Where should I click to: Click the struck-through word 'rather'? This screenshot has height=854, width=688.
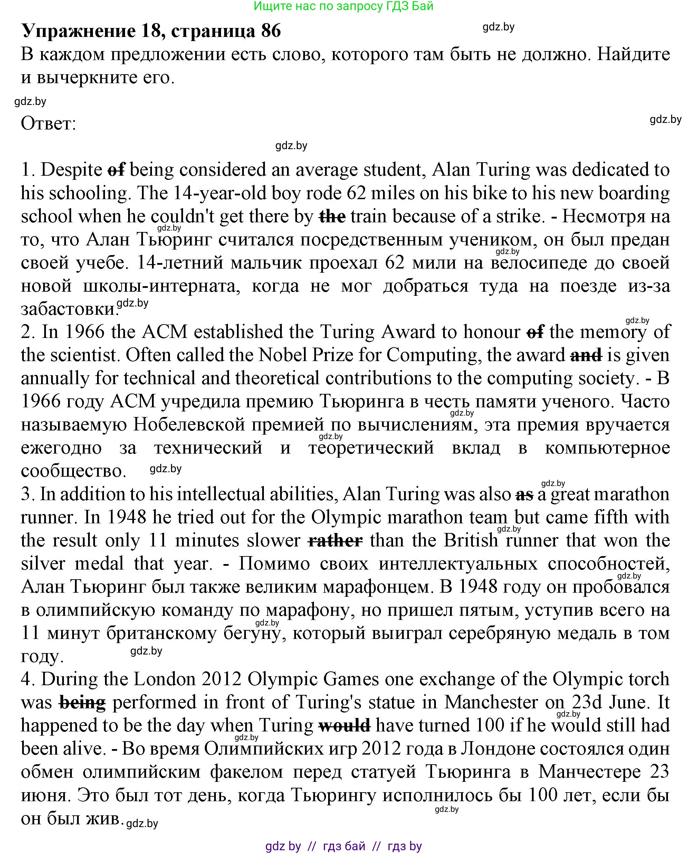point(335,541)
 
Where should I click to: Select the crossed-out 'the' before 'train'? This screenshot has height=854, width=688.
point(332,217)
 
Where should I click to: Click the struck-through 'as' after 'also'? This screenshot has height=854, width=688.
point(524,495)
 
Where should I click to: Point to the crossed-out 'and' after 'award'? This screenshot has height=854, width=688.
point(586,355)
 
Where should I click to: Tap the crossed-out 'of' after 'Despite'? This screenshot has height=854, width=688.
point(116,170)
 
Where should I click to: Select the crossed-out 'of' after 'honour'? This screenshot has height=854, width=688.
point(535,332)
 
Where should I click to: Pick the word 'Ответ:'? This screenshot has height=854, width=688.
point(48,124)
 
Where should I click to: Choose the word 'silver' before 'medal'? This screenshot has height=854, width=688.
point(43,564)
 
